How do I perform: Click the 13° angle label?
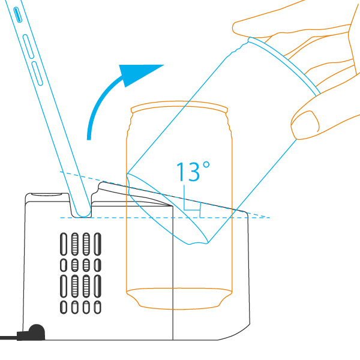tap(193, 172)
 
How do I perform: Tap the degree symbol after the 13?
tap(206, 165)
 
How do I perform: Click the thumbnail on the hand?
tap(305, 124)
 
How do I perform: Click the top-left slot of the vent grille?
tap(64, 244)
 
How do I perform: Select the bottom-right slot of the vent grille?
tap(98, 307)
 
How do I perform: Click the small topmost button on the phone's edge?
tap(17, 14)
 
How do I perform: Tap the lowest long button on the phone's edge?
tap(37, 73)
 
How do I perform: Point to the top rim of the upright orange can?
tap(179, 107)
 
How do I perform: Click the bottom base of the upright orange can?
tap(179, 298)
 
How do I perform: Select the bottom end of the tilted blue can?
tap(167, 209)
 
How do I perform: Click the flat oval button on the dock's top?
tap(47, 194)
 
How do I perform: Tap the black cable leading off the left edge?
tap(9, 338)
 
